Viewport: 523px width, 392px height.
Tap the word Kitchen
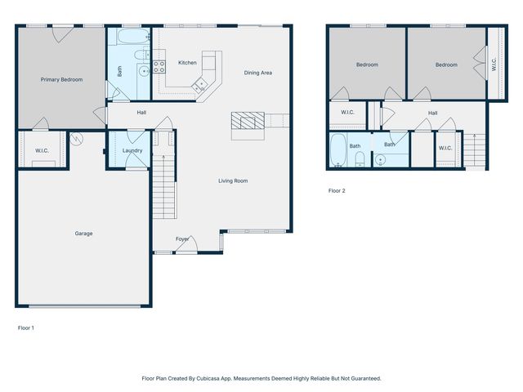[x=187, y=63]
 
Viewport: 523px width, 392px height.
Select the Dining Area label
[x=257, y=73]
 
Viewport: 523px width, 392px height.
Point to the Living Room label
[x=233, y=180]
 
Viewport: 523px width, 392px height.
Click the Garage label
[x=83, y=234]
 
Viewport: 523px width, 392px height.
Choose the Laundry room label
[x=132, y=151]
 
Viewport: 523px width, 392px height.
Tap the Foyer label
[x=182, y=239]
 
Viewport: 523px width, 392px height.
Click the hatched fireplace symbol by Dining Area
[x=246, y=122]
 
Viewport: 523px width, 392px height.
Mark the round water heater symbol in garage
[x=77, y=139]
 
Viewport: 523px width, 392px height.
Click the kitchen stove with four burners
[x=159, y=65]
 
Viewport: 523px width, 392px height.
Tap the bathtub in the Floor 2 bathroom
[x=338, y=151]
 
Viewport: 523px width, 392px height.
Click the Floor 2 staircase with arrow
[x=472, y=149]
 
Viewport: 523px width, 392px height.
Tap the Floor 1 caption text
[x=26, y=327]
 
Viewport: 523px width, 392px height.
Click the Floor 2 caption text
[x=337, y=191]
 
